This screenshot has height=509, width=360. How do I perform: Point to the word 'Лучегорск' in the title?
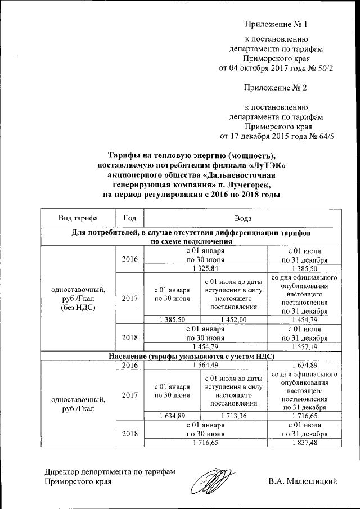point(248,184)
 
